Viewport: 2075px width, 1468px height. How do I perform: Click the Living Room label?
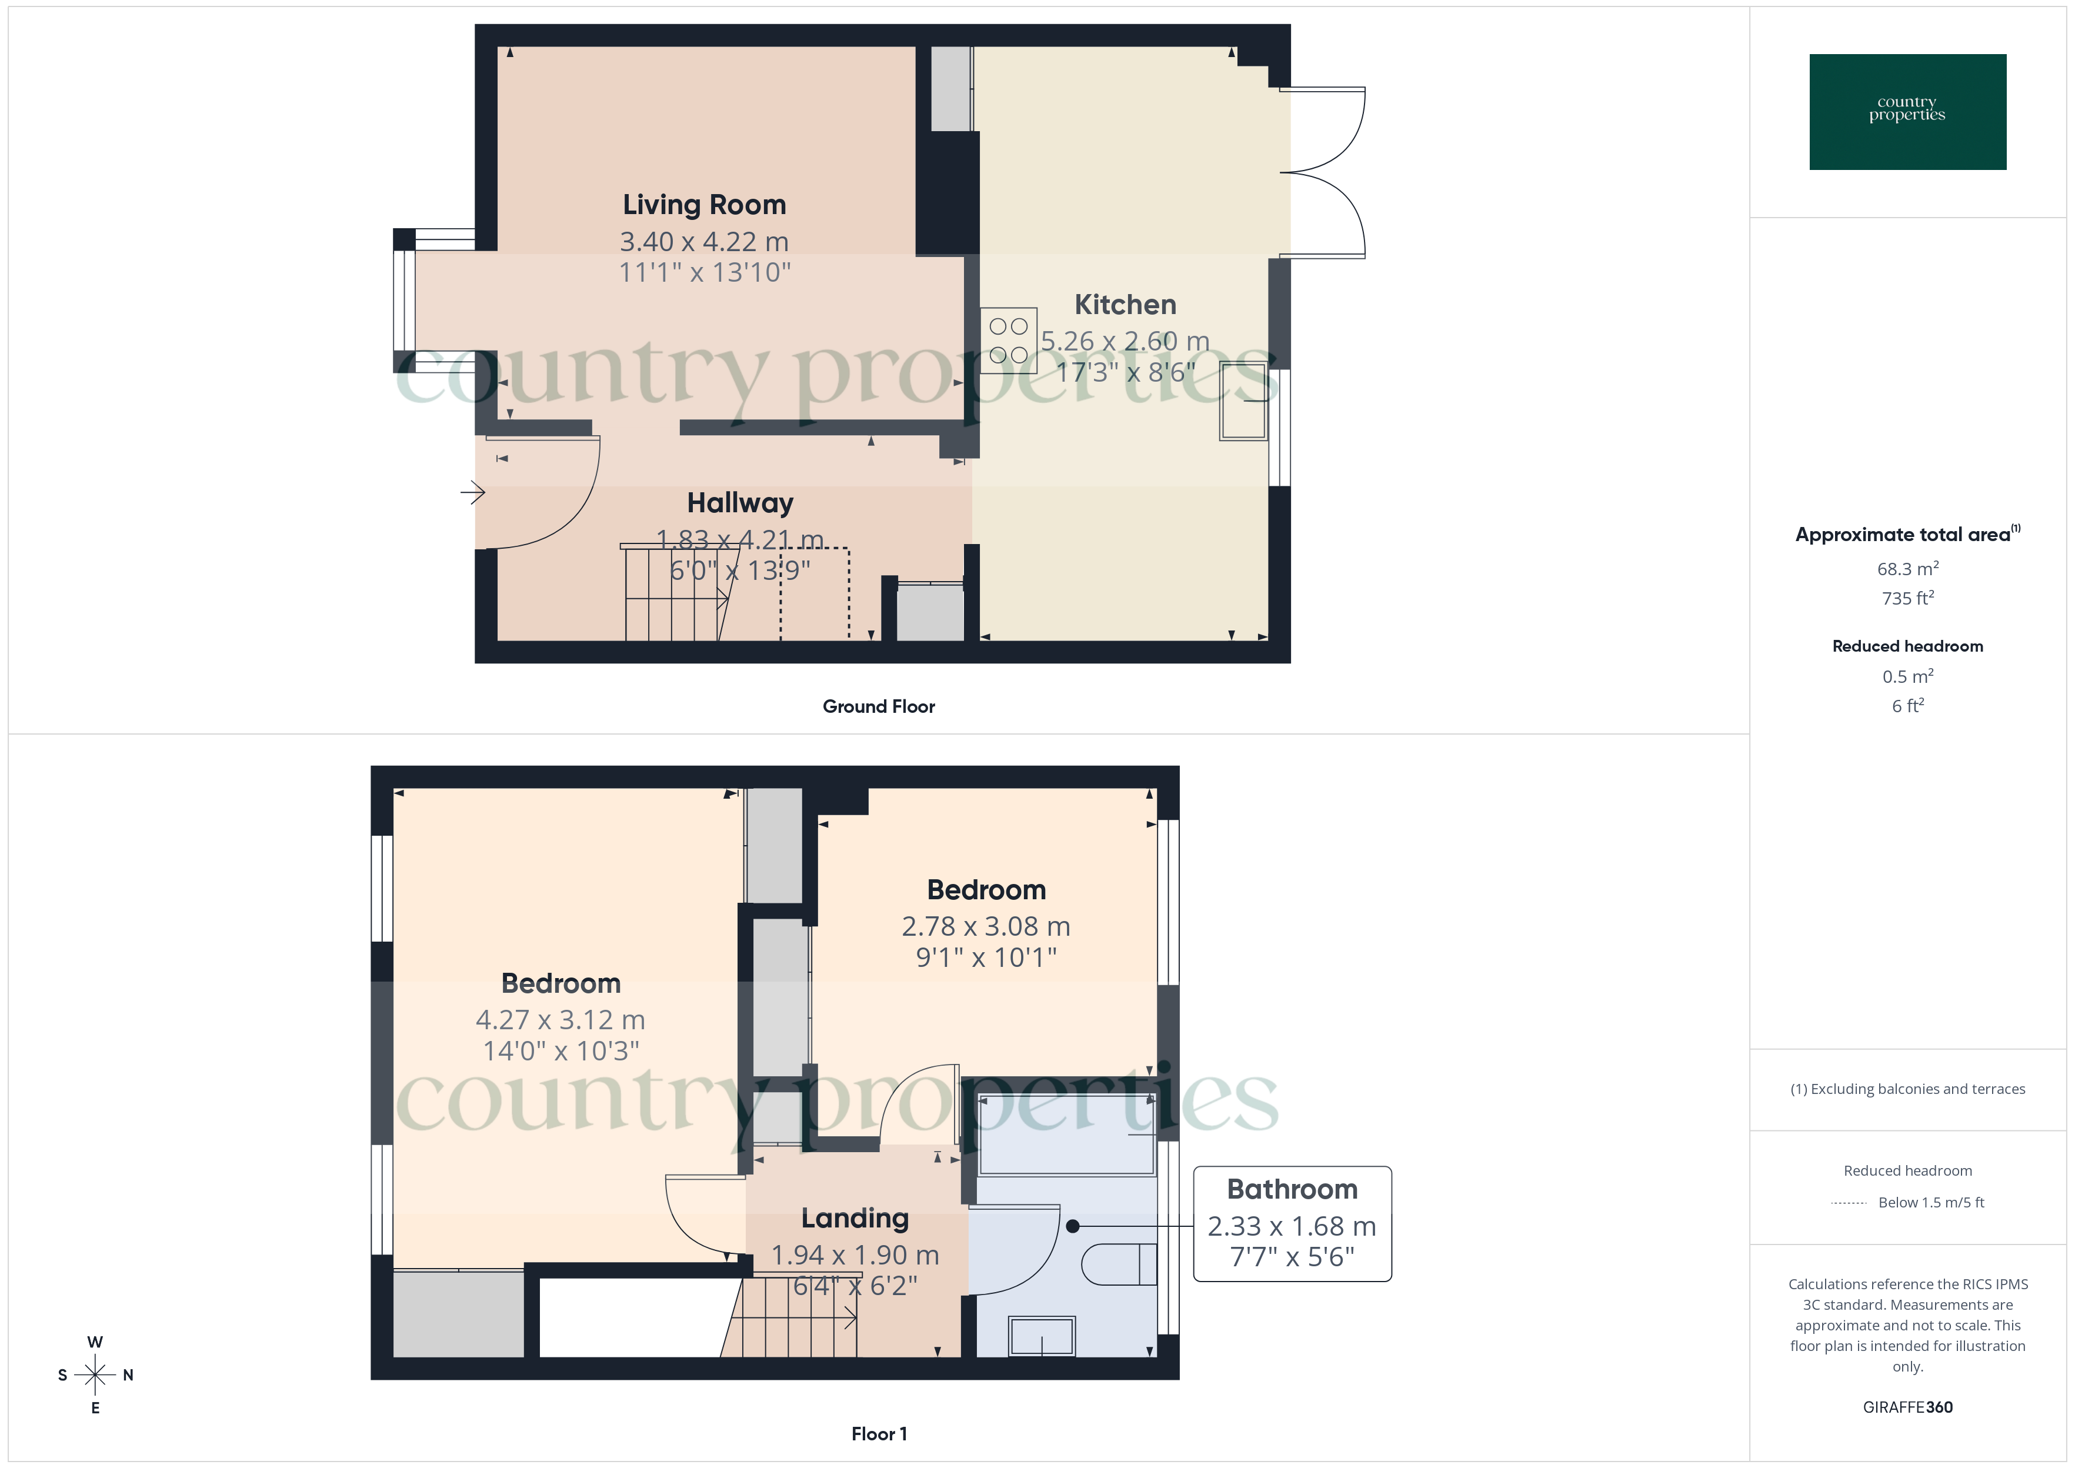click(704, 205)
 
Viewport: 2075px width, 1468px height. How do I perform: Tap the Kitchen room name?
click(1125, 305)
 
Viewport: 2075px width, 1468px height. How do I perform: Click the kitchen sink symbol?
click(1243, 401)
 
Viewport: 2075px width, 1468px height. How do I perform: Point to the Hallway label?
click(739, 503)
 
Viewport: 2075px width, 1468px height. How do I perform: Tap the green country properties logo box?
click(1907, 112)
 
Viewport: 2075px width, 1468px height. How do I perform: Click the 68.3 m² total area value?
click(1907, 569)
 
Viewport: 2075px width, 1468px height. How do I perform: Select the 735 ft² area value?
click(1907, 598)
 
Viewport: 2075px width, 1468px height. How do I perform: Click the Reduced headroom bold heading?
click(1907, 646)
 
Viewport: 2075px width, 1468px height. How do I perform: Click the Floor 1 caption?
click(879, 1434)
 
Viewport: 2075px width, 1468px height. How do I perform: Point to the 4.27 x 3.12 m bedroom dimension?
click(561, 1020)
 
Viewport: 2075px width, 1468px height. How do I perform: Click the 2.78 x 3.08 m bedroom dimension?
click(985, 926)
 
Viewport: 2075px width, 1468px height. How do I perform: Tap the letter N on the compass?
click(128, 1375)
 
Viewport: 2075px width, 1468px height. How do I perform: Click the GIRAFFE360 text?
click(1907, 1407)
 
